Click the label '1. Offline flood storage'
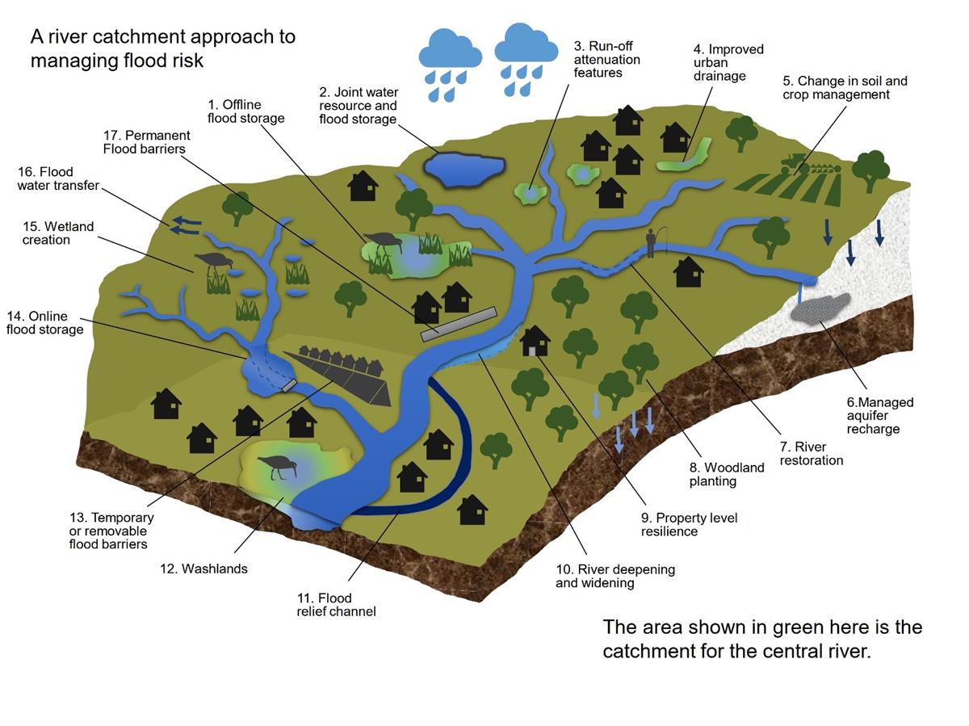pos(245,111)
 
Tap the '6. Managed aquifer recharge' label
pos(879,415)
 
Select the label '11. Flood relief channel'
pos(336,604)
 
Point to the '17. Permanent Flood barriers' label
pos(146,142)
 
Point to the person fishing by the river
pos(651,241)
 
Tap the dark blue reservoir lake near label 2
pos(463,168)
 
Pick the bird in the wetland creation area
pos(215,259)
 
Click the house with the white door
pos(535,342)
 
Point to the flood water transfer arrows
pos(185,225)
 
